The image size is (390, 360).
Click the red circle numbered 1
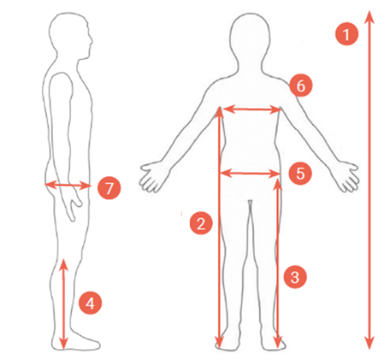point(346,34)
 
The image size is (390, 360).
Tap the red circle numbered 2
point(201,223)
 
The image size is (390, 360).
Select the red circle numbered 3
point(295,276)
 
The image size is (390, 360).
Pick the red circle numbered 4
point(91,303)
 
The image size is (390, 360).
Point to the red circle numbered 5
point(300,174)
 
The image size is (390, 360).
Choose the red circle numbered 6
point(301,86)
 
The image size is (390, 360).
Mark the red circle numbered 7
point(109,188)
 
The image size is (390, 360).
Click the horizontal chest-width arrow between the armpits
point(251,109)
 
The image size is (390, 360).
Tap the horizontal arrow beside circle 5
point(250,173)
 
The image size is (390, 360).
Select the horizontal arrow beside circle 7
point(68,186)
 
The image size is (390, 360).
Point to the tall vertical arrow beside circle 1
point(369,180)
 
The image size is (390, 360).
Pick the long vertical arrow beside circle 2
point(219,228)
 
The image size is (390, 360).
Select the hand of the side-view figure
point(73,204)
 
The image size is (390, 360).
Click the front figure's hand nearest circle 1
point(347,176)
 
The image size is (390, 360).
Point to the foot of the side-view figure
point(76,341)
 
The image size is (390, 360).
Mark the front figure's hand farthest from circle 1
point(151,176)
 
